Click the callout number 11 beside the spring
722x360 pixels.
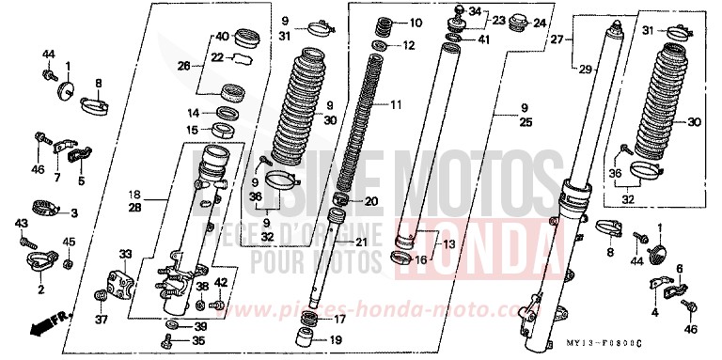395,104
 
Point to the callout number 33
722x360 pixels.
125,254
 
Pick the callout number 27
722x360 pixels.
557,40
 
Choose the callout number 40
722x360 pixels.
221,38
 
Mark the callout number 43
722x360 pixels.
20,223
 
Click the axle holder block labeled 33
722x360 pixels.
118,280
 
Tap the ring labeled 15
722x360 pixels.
226,130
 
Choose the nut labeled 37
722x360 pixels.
101,300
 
